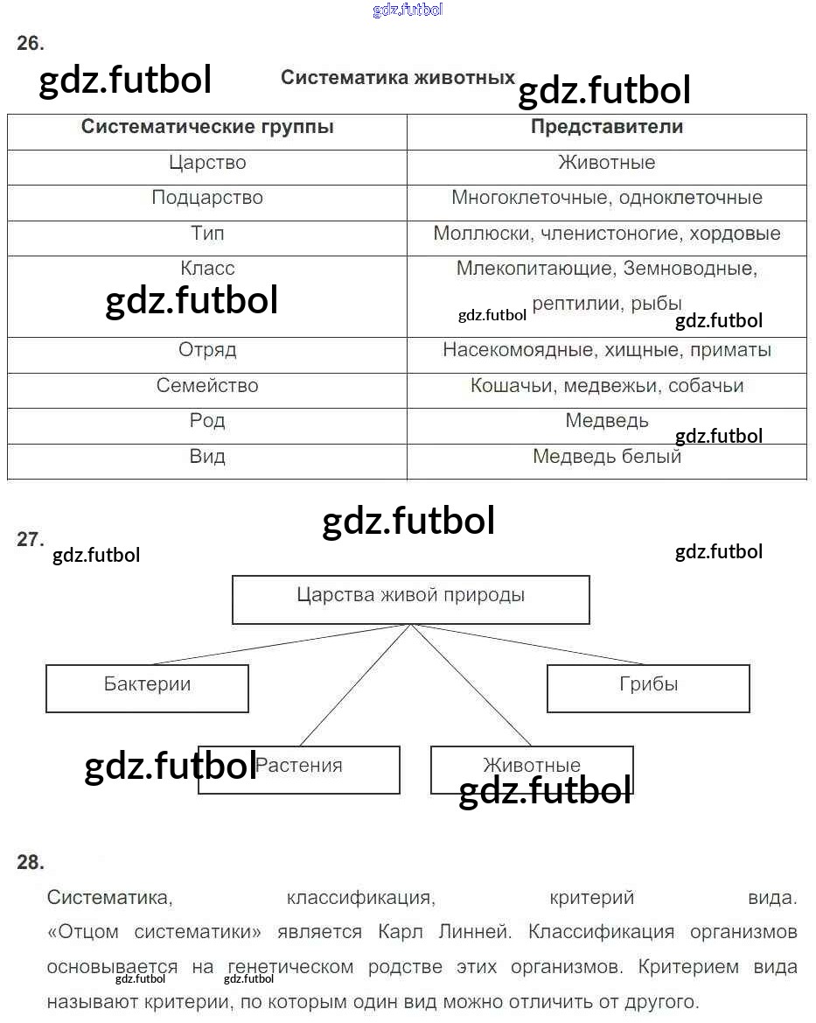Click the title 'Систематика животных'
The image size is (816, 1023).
point(398,78)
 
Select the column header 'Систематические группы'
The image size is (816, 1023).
point(207,127)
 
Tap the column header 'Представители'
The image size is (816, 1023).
point(607,127)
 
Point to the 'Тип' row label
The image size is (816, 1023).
point(207,233)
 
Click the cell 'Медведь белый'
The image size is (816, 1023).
point(607,456)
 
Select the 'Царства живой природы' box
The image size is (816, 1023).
point(411,599)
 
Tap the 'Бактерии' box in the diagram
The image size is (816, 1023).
point(148,689)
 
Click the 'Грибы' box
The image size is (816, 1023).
point(648,689)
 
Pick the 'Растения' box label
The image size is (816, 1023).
point(299,766)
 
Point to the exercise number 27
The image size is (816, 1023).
point(30,540)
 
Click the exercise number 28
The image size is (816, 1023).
point(30,863)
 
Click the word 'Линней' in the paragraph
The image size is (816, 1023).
point(475,932)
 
